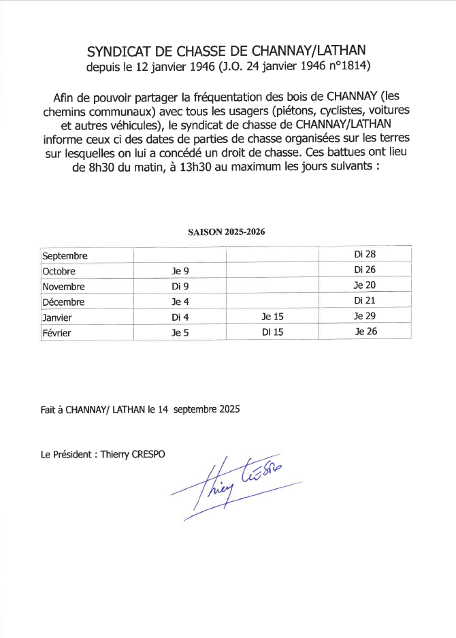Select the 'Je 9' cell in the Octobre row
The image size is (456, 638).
point(180,271)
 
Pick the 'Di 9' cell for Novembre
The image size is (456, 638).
point(180,287)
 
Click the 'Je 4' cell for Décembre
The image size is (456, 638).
point(180,302)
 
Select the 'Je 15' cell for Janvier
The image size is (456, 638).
point(272,317)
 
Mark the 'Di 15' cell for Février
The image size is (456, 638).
point(272,332)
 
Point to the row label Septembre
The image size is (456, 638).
point(65,257)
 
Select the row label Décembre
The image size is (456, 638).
point(63,302)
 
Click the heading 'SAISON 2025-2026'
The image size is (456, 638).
point(227,232)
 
